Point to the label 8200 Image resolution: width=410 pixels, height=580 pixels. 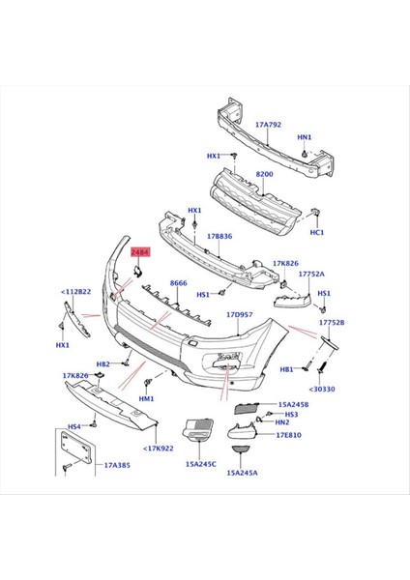click(264, 175)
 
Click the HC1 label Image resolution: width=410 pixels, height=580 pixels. click(316, 232)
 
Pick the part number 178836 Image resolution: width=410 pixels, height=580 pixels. click(220, 236)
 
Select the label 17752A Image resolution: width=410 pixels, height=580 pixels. click(310, 274)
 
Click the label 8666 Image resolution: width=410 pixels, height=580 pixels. click(178, 283)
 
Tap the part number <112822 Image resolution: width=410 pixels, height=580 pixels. click(76, 291)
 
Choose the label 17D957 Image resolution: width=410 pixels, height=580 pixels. click(239, 314)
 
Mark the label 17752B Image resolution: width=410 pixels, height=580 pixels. click(333, 322)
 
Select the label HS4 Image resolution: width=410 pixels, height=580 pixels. click(73, 426)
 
